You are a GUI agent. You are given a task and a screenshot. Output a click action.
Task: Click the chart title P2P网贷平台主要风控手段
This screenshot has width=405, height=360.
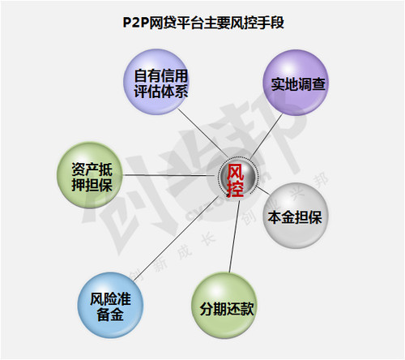[x=203, y=23]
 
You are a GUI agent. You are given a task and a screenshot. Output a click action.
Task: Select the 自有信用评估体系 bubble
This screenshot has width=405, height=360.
[x=156, y=82]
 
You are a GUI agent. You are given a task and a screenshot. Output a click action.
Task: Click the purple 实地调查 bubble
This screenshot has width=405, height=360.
[x=296, y=83]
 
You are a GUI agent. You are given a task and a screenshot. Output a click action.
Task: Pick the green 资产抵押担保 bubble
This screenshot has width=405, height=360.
[x=90, y=175]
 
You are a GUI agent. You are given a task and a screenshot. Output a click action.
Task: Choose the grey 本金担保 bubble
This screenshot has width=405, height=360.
[x=296, y=216]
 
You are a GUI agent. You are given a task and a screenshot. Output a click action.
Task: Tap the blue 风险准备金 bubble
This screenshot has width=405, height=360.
[x=110, y=305]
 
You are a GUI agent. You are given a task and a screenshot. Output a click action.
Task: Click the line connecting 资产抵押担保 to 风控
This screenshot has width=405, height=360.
[x=171, y=175]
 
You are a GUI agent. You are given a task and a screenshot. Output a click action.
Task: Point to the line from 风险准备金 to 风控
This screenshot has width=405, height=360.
[x=177, y=238]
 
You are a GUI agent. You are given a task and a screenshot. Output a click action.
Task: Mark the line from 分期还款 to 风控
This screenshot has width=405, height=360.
[x=234, y=234]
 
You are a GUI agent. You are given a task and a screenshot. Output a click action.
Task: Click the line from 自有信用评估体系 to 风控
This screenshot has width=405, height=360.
[x=203, y=133]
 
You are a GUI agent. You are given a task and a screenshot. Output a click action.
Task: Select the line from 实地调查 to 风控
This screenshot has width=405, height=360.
[x=266, y=137]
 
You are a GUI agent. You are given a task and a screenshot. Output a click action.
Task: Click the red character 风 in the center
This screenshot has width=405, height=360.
[x=236, y=172]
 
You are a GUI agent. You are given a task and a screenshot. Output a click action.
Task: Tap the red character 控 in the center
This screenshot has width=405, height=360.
[x=236, y=188]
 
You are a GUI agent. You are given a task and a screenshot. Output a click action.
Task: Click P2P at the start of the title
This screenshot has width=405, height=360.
[x=136, y=23]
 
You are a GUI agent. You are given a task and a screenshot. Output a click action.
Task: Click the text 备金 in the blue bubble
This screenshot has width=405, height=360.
[x=110, y=315]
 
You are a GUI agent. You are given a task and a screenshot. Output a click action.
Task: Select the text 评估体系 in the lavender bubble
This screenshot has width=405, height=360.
[x=161, y=92]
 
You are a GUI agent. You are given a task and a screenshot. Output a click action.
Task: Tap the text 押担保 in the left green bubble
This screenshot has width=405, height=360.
[x=92, y=185]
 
